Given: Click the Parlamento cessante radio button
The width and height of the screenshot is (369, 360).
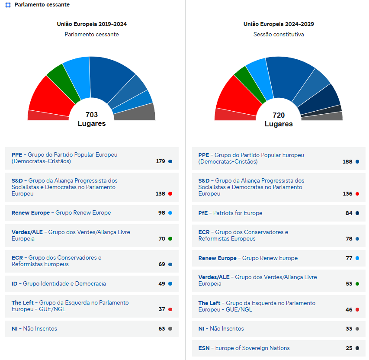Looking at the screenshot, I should pos(8,5).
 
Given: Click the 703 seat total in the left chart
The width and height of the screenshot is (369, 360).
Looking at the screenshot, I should pos(92,115).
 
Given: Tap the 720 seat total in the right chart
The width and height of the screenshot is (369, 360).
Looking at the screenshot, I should pos(279,115).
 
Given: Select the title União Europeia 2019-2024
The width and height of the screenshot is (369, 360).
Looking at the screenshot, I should pos(92,24).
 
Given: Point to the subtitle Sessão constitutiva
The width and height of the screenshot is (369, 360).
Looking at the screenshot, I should pos(279,35).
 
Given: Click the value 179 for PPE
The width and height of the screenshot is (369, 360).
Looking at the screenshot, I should pos(160,161).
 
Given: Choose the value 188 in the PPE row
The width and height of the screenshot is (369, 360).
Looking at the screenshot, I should pos(347,161).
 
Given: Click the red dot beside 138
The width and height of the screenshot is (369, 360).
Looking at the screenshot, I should pos(170,194).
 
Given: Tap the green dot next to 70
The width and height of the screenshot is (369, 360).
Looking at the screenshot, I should pos(170,238).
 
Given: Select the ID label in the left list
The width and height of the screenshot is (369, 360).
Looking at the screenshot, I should pos(15,284).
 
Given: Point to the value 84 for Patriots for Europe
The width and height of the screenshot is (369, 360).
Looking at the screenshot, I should pos(349,213).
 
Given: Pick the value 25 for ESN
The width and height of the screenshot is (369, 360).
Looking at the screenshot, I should pos(349,348).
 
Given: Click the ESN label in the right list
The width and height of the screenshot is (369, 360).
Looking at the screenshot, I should pos(204,348).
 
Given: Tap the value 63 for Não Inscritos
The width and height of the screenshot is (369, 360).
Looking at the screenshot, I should pos(162,328).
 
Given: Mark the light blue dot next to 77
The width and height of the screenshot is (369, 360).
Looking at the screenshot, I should pos(357,258).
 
